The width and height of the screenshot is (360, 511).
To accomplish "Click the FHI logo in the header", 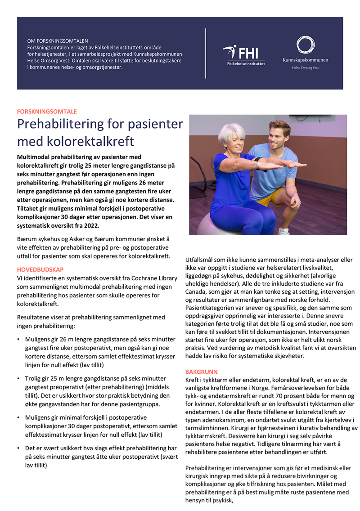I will pyautogui.click(x=243, y=54).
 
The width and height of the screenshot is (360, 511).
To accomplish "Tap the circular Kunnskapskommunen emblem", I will pyautogui.click(x=305, y=46).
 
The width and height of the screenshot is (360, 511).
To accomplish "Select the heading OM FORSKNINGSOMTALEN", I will pyautogui.click(x=58, y=41).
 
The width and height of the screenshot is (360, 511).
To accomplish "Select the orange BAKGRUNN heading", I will pyautogui.click(x=201, y=372).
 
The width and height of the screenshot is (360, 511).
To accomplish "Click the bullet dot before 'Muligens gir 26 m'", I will pyautogui.click(x=18, y=339).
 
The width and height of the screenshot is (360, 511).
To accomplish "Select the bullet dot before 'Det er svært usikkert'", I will pyautogui.click(x=18, y=448).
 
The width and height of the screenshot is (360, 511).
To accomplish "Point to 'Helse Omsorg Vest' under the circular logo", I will pyautogui.click(x=305, y=67).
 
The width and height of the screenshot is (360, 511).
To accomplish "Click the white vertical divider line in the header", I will pyautogui.click(x=206, y=53).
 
